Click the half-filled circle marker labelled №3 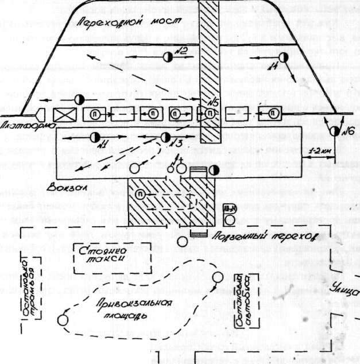165,137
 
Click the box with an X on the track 64,114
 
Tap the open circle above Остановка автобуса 217,278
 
